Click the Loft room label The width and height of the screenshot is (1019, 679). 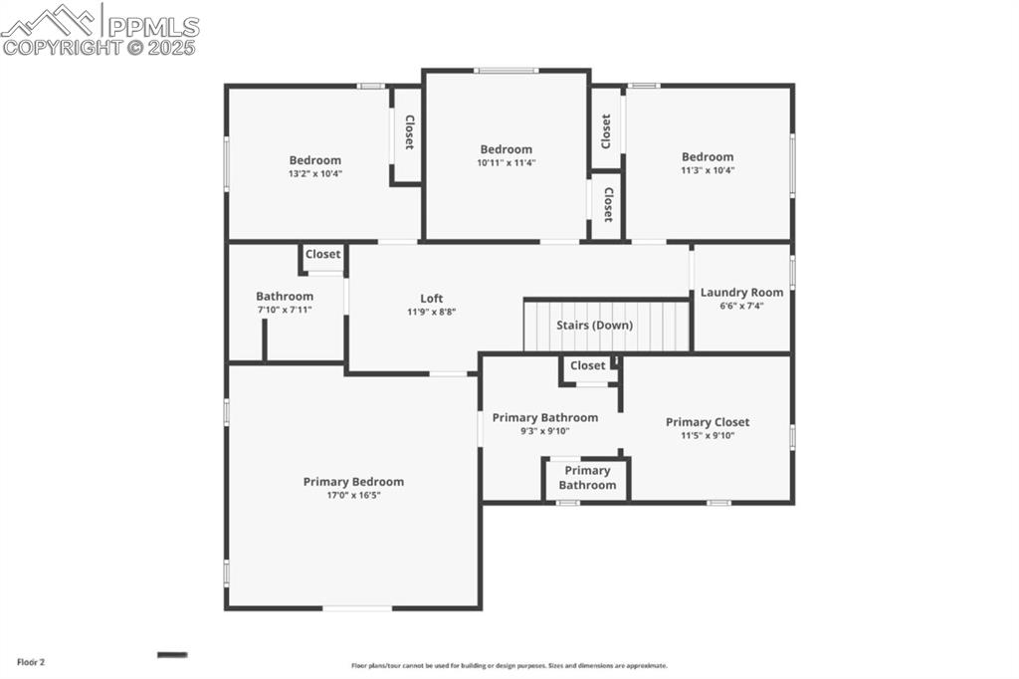(431, 299)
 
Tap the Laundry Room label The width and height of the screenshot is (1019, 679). (741, 293)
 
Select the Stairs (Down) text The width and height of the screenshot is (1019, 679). (594, 326)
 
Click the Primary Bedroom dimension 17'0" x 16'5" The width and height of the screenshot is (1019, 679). (353, 495)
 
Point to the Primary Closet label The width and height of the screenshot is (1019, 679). (708, 422)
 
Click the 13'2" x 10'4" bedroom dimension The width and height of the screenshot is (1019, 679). (314, 173)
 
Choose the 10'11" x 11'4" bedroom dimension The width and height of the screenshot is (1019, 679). (506, 162)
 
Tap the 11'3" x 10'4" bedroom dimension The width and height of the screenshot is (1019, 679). (708, 169)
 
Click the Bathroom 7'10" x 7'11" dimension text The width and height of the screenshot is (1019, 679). (285, 310)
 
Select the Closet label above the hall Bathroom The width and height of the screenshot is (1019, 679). (322, 255)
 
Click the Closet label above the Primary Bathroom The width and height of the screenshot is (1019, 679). (587, 366)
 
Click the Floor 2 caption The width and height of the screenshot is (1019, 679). (31, 661)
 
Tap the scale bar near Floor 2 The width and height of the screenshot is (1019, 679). (172, 654)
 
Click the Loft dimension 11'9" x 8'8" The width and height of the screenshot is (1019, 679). (431, 312)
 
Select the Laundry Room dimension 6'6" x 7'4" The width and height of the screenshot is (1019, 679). (741, 306)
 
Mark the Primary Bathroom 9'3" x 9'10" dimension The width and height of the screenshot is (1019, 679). (545, 431)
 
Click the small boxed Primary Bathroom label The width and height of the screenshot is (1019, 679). (587, 478)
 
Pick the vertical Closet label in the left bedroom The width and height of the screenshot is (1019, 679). (408, 132)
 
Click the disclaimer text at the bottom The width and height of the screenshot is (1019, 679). (509, 666)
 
